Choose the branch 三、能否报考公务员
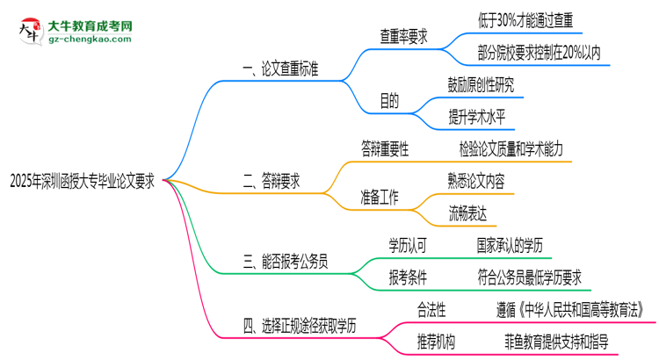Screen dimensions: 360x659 (290, 261)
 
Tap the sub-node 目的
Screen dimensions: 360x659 (389, 102)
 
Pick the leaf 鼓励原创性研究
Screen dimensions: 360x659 (481, 85)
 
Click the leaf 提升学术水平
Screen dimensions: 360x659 (476, 119)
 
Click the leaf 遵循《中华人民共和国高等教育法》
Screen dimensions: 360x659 (572, 309)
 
